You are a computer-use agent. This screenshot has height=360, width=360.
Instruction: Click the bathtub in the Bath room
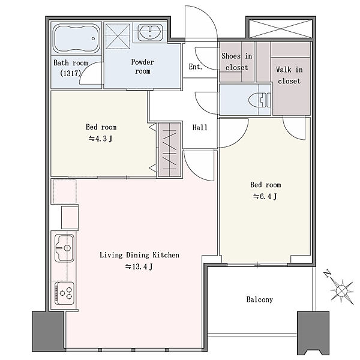pyautogui.click(x=77, y=38)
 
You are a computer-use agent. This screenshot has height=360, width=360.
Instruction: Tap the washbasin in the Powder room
pyautogui.click(x=151, y=32)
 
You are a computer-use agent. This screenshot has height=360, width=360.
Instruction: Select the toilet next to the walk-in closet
pyautogui.click(x=260, y=100)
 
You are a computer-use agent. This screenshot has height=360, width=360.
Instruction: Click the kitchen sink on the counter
pyautogui.click(x=65, y=248)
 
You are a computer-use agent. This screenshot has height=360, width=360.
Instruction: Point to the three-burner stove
pyautogui.click(x=65, y=293)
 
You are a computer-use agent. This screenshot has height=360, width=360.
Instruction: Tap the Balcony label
pyautogui.click(x=259, y=299)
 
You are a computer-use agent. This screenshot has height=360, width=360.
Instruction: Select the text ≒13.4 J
pyautogui.click(x=139, y=266)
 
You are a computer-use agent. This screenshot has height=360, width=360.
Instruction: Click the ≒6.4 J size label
pyautogui.click(x=265, y=197)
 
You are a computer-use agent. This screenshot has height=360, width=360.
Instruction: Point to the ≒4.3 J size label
pyautogui.click(x=101, y=139)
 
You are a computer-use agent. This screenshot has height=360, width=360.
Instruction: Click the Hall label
pyautogui.click(x=200, y=127)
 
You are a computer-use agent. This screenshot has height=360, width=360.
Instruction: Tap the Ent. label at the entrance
pyautogui.click(x=196, y=67)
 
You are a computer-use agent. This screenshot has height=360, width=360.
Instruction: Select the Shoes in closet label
pyautogui.click(x=237, y=62)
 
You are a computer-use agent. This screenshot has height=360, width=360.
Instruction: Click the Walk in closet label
pyautogui.click(x=289, y=75)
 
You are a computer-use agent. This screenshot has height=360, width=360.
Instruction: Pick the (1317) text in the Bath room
pyautogui.click(x=70, y=73)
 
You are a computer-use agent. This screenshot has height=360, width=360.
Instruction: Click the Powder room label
pyautogui.click(x=143, y=67)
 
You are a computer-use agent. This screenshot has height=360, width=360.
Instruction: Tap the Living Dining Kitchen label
pyautogui.click(x=139, y=255)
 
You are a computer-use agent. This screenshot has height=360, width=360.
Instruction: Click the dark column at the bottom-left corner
pyautogui.click(x=48, y=331)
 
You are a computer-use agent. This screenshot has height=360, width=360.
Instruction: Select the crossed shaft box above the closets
pyautogui.click(x=281, y=29)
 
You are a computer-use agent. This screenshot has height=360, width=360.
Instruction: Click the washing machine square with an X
pyautogui.click(x=118, y=36)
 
